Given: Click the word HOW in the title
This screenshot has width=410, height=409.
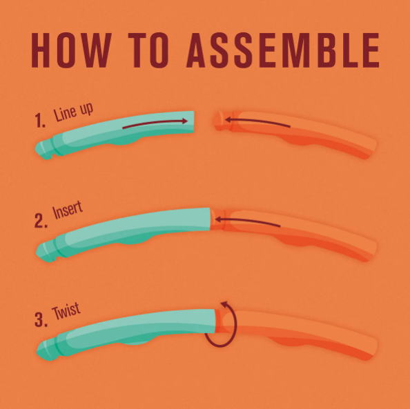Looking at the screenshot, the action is (71, 50).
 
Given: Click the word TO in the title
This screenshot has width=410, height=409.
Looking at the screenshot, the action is (148, 50).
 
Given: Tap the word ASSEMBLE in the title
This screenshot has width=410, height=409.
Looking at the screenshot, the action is (283, 50).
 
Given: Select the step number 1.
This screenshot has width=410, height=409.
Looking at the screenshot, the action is (40, 121).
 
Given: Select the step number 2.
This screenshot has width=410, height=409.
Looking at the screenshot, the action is (41, 221).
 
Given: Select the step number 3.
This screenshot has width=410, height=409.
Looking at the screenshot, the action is (41, 319).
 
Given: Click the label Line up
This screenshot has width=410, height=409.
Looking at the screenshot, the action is (73, 112).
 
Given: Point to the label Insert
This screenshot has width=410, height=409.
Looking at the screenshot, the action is (68, 210).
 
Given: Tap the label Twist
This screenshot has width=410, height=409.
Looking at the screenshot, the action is (66, 311).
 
